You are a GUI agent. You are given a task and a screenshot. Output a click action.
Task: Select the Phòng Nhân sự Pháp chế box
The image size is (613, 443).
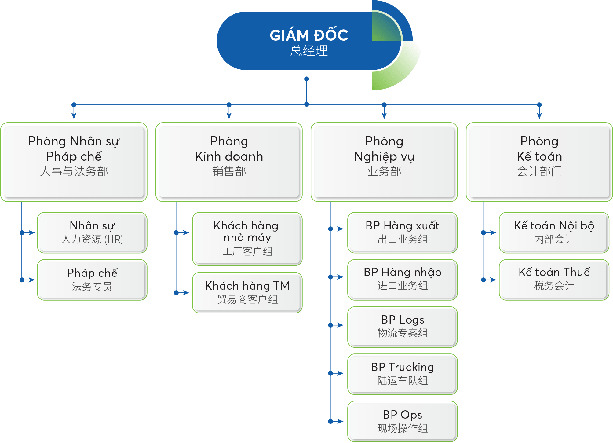pyautogui.click(x=74, y=162)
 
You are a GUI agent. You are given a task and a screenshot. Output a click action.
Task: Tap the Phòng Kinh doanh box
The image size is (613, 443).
pyautogui.click(x=229, y=162)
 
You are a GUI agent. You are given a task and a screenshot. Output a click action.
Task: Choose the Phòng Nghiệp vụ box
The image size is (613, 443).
pyautogui.click(x=384, y=162)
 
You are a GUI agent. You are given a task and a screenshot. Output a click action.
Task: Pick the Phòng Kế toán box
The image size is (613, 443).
pyautogui.click(x=539, y=162)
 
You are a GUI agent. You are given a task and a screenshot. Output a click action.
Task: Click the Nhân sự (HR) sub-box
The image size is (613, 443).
pyautogui.click(x=92, y=233)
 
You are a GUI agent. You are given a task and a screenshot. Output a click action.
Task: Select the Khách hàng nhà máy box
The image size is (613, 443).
pyautogui.click(x=247, y=239)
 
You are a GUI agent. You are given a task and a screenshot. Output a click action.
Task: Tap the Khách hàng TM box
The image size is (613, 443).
pyautogui.click(x=247, y=293)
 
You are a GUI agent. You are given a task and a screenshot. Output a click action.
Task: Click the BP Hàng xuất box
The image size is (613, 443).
pyautogui.click(x=403, y=233)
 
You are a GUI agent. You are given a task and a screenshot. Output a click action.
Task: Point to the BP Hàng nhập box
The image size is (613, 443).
pyautogui.click(x=403, y=280)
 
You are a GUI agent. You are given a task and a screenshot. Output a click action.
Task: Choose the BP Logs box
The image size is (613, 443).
pyautogui.click(x=403, y=327)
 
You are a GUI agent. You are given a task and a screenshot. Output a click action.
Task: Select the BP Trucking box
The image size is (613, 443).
pyautogui.click(x=403, y=374)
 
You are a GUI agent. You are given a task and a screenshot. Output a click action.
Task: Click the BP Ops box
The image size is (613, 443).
pyautogui.click(x=403, y=421)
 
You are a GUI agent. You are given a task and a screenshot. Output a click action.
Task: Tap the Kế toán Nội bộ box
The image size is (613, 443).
pyautogui.click(x=554, y=233)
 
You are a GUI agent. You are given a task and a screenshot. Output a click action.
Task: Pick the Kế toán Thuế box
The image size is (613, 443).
pyautogui.click(x=554, y=280)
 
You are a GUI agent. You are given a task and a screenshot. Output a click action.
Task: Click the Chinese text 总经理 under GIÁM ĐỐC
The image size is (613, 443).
pyautogui.click(x=309, y=51)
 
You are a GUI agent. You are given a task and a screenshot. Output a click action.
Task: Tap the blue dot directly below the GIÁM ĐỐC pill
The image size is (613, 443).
pyautogui.click(x=307, y=79)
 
